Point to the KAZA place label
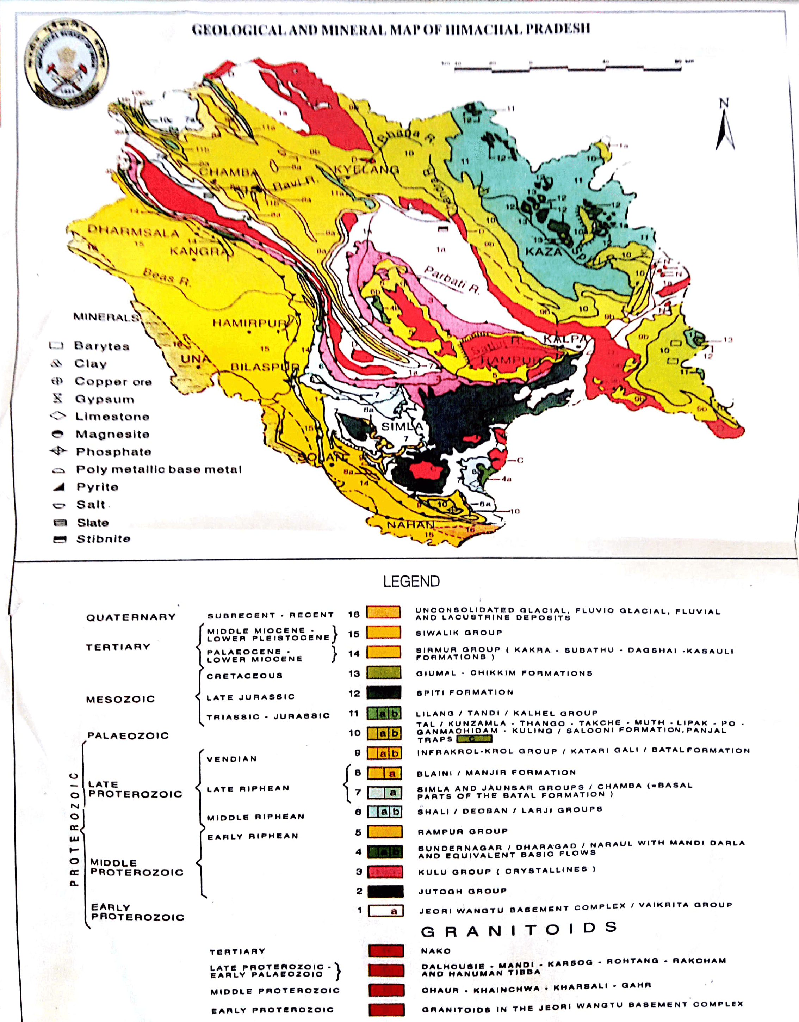(543, 252)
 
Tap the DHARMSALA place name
(133, 231)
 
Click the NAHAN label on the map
(410, 525)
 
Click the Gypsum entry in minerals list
(104, 399)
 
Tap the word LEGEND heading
(411, 581)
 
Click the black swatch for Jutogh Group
(385, 891)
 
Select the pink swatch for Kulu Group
(385, 871)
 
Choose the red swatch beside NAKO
(386, 950)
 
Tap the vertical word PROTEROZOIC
(73, 828)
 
